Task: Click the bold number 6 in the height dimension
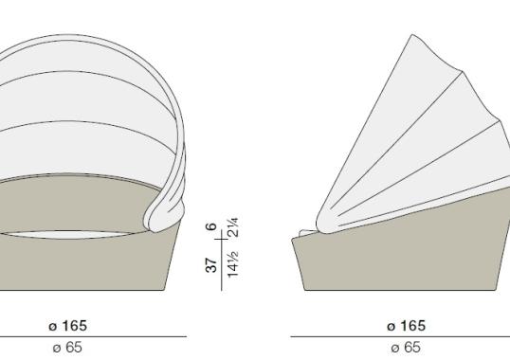pos(212,226)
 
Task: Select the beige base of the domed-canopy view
pos(85,265)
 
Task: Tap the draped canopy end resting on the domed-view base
pos(171,208)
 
